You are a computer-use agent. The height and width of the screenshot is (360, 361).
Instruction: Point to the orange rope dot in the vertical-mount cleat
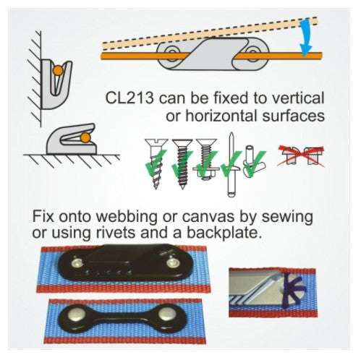coord(56,71)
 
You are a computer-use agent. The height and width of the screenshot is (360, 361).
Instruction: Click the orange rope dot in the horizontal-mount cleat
coord(86,137)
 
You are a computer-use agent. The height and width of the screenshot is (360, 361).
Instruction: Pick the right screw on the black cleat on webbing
coord(174,265)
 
